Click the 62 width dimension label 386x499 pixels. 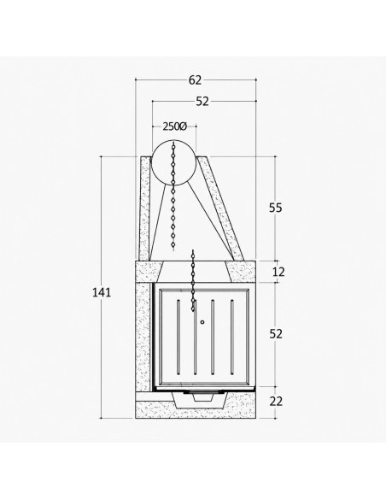coord(196,80)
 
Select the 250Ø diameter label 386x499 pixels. coord(174,126)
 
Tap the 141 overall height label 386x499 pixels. coord(102,292)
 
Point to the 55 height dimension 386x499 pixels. coord(276,208)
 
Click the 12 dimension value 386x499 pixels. coord(278,272)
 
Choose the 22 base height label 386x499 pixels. coord(276,402)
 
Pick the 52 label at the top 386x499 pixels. coord(202,101)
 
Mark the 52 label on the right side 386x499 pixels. coord(276,334)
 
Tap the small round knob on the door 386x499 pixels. coord(202,322)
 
